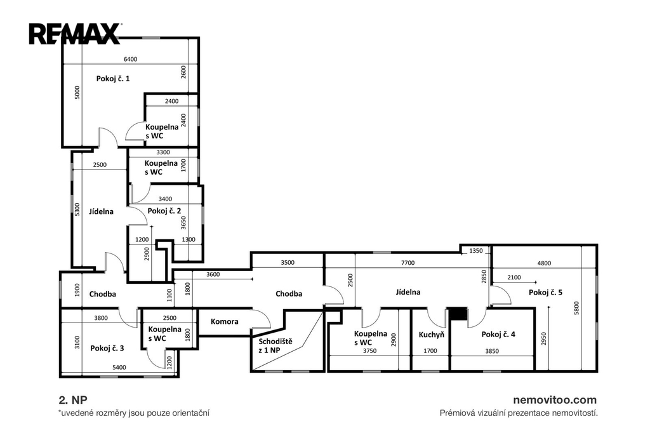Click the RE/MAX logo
click(x=75, y=34)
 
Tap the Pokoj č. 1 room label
click(x=113, y=78)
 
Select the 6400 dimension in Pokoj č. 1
click(x=130, y=59)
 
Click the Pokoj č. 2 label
click(x=164, y=211)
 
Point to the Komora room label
click(x=224, y=321)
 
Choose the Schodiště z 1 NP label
click(x=275, y=346)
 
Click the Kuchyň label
click(x=431, y=335)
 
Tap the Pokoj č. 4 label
click(x=498, y=335)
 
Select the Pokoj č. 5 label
click(x=545, y=293)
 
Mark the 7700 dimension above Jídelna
click(x=408, y=263)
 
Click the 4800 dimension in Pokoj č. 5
click(x=544, y=263)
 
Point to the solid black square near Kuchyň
click(x=458, y=314)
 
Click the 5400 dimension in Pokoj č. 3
click(x=119, y=367)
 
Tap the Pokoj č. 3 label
click(x=107, y=348)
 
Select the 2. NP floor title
click(x=73, y=400)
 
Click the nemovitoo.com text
click(x=555, y=400)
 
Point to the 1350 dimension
click(x=476, y=251)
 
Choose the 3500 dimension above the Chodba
click(x=288, y=263)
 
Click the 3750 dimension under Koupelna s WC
click(x=369, y=351)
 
